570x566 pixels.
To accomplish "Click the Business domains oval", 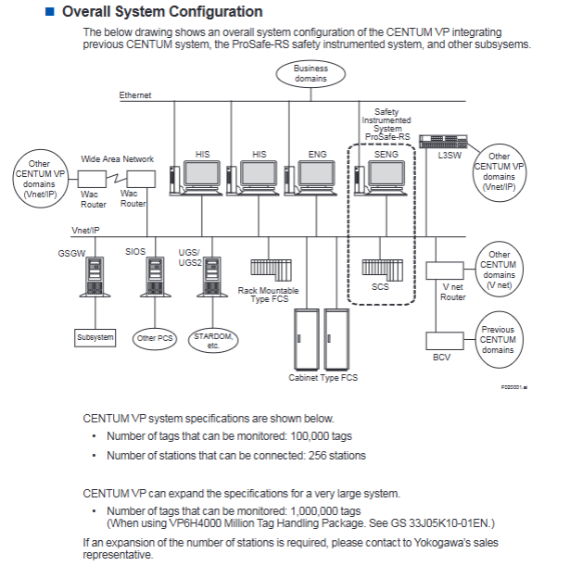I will (x=310, y=73).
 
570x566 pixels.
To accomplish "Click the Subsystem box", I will (x=95, y=337).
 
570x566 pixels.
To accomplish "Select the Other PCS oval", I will (x=155, y=338).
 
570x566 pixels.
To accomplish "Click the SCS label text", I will (x=380, y=287).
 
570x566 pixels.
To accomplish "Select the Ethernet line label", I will (x=134, y=95).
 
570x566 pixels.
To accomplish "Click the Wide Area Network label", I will (x=117, y=158).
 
